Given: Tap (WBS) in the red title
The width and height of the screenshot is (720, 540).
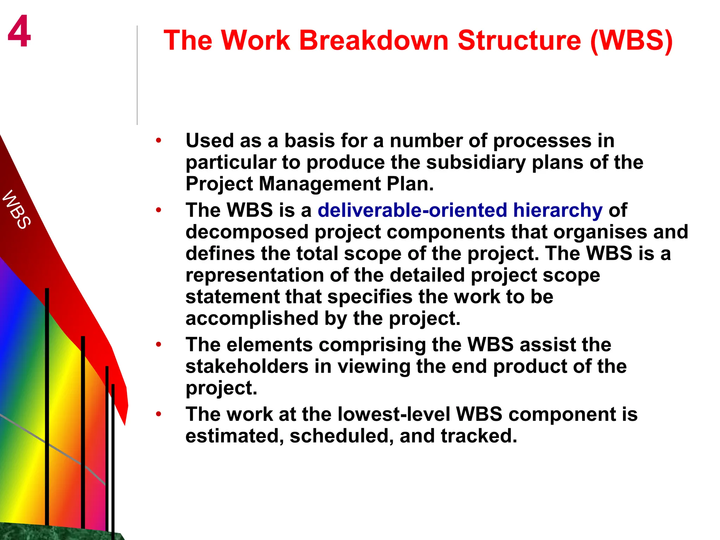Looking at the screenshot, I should [631, 40].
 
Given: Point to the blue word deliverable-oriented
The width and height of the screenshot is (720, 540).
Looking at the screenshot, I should [412, 210].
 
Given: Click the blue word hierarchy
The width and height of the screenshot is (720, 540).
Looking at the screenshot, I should [558, 210].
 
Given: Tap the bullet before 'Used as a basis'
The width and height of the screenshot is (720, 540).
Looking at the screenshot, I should [159, 141].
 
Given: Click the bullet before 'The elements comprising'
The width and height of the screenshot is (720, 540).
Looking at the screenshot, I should [159, 345].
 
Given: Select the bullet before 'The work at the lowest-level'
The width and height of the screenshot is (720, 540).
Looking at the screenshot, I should [159, 414].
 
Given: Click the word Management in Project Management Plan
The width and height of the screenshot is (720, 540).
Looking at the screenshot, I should [320, 184].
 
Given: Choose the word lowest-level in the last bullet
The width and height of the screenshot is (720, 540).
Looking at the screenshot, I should [394, 414].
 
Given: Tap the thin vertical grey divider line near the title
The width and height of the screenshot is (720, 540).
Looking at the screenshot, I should [137, 76].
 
